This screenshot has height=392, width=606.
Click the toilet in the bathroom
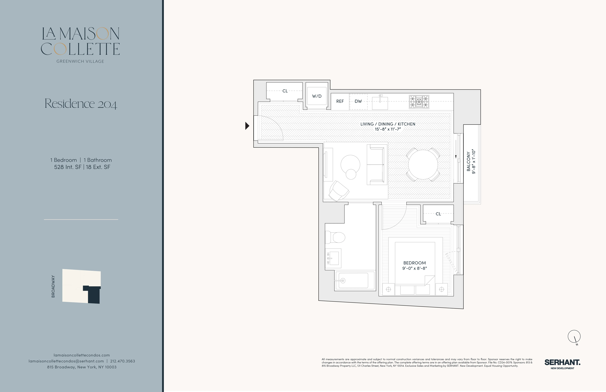336,237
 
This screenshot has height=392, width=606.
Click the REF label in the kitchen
340,101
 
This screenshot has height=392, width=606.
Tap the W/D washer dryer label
317,96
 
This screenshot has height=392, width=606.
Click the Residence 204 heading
81,104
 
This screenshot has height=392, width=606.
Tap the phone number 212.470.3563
123,361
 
